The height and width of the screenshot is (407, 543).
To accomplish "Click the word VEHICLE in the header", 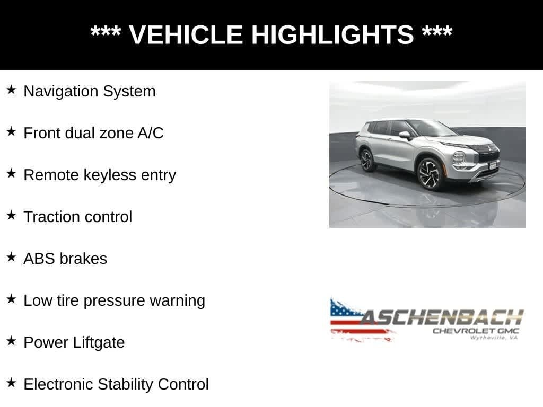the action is point(186,34).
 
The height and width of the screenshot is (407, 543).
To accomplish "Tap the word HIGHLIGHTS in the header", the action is point(332,34).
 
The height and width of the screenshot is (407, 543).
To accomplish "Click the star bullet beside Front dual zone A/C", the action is point(12,132).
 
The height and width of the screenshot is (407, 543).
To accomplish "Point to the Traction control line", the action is point(77,217).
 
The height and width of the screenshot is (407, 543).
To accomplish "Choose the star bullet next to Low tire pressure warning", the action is point(12,299).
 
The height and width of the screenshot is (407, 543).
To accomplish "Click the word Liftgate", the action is point(99,343).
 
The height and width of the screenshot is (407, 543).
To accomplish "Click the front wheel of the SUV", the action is point(430,173).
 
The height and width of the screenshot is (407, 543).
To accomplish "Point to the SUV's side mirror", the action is point(405,135).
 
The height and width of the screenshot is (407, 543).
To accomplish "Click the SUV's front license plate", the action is point(493,165).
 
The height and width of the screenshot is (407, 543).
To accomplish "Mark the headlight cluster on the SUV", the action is point(459,158).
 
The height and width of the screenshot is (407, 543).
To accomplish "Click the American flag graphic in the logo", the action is point(360,320).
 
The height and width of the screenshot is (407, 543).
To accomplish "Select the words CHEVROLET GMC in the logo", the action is point(476,331).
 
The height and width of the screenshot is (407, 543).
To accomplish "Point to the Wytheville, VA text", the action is point(494,338).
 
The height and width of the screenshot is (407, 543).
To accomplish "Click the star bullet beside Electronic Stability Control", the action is point(12,383).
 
